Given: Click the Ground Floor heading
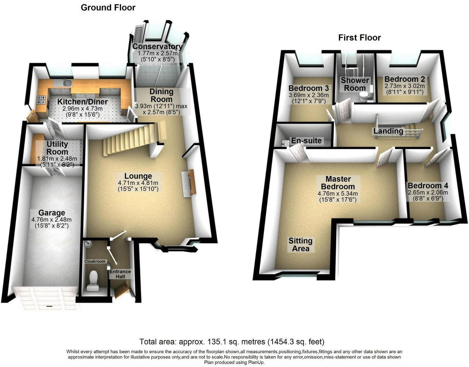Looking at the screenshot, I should pos(108,8).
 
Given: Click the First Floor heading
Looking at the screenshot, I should pos(359,38).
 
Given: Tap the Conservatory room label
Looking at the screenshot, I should pos(157,47).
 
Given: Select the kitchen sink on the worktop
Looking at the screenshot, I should pos(67,83).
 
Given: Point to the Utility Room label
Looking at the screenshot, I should pos(57,148).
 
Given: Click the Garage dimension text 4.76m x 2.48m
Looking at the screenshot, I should pos(52,220).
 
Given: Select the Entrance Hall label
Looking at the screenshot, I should pos(120,274).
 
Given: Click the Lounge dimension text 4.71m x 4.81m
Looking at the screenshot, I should pos(138,183).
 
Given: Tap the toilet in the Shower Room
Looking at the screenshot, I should pos(365,96).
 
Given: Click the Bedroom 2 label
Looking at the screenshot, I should pos(404,79).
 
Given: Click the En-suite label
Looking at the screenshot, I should pos(306,141).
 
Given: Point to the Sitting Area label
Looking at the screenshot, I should pos(300,245).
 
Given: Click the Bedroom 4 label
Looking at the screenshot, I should pos(428,186).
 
